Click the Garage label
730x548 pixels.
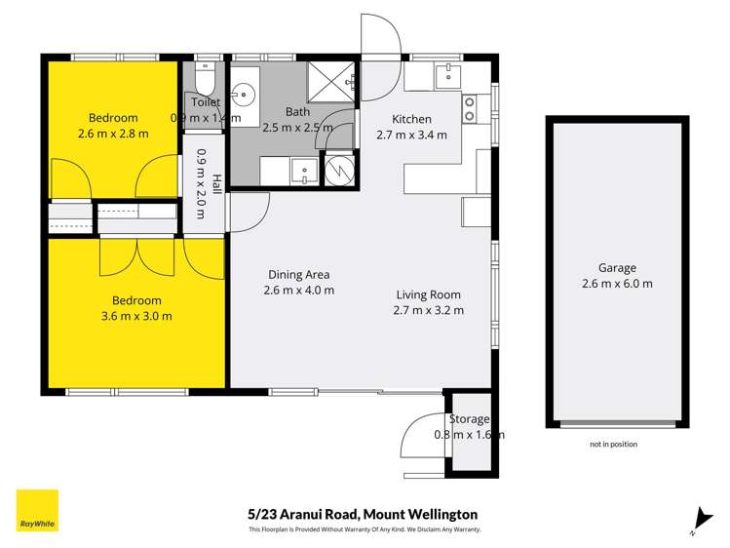tap(617, 268)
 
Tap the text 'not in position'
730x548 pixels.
tap(614, 444)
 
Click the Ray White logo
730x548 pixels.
tap(37, 510)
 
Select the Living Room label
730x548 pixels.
tap(428, 294)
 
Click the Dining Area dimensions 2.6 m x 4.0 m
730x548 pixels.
tap(298, 291)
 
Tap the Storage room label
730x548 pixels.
tap(469, 419)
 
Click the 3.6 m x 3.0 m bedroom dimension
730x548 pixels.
tap(136, 316)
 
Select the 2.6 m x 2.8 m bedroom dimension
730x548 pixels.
tap(113, 134)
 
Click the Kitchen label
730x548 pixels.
tap(411, 119)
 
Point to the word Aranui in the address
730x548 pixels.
tap(299, 515)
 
